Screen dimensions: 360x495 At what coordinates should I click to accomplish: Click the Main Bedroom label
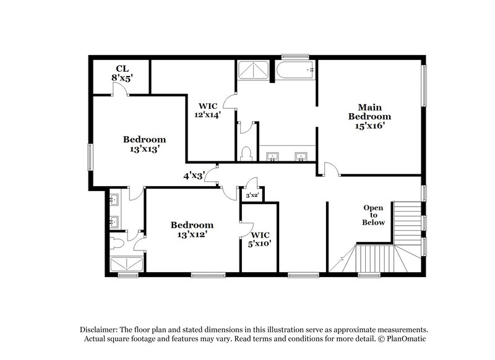coord(369,111)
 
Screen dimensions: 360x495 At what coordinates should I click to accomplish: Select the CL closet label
coord(121,68)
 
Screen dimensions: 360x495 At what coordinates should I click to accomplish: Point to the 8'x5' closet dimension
coord(121,79)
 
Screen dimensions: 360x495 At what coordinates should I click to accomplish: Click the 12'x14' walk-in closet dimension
coord(208,115)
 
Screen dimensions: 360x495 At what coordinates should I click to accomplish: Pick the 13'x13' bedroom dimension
coord(144,149)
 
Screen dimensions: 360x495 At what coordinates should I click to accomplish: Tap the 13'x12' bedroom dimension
coord(192,235)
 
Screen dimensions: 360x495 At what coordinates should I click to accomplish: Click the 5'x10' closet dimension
coord(260,244)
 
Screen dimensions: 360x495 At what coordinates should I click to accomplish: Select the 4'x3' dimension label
coord(193,176)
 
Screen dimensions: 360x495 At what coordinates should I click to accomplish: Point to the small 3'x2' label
coord(252,195)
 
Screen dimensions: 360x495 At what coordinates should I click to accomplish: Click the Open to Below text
coord(374,215)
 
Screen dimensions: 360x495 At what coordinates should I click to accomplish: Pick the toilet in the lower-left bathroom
coord(119,242)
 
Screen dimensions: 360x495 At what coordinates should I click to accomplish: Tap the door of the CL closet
coord(121,90)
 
